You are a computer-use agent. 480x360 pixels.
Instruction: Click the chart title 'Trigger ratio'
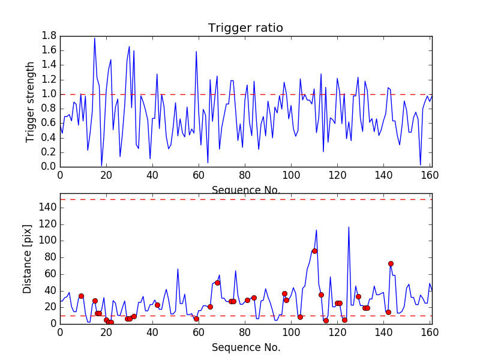coord(245,28)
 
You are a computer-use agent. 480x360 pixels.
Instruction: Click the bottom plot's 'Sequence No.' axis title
coord(245,347)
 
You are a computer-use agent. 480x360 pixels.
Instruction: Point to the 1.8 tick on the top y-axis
coord(49,36)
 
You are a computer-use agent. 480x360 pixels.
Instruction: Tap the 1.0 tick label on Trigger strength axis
coord(49,94)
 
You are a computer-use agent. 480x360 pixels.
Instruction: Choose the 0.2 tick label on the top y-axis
coord(49,152)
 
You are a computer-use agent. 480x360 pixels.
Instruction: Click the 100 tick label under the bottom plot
coord(292,334)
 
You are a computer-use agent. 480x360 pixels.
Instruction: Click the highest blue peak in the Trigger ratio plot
coord(95,39)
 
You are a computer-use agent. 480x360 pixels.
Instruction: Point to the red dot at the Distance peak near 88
coord(314,251)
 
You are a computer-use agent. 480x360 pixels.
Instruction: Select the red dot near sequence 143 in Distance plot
coord(391,263)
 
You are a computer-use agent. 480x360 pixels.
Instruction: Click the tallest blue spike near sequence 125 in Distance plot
coord(349,227)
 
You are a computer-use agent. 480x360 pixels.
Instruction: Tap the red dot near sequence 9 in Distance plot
coord(81,296)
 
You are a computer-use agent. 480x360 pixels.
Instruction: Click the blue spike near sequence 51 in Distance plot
coord(178,269)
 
